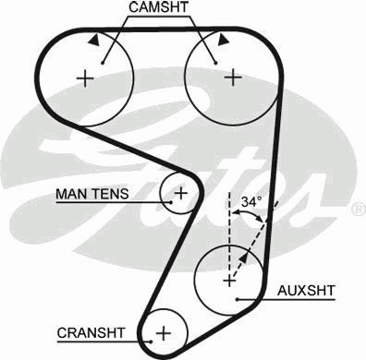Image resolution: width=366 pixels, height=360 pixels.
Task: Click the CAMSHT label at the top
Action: click(x=158, y=7)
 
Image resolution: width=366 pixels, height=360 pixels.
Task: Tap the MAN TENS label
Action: click(x=92, y=194)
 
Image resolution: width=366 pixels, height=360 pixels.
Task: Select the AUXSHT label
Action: click(x=306, y=291)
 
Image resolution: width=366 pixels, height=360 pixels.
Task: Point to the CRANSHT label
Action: click(x=91, y=333)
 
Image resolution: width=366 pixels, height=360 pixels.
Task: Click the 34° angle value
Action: click(x=251, y=202)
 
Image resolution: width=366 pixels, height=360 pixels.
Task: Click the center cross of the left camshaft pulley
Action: click(x=85, y=78)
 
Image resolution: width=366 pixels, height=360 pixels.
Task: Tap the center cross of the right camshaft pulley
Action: click(x=233, y=78)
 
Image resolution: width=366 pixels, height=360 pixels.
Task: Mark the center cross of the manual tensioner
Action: click(x=181, y=193)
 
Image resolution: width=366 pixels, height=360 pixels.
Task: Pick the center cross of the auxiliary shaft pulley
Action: click(x=229, y=281)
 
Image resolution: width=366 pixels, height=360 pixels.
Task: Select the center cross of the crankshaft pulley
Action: click(x=164, y=333)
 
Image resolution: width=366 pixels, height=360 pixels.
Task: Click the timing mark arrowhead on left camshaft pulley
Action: click(x=94, y=40)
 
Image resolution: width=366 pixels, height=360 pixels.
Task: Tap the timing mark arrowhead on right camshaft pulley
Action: click(x=223, y=41)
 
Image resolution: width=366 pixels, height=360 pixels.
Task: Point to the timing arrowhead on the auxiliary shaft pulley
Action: click(x=243, y=258)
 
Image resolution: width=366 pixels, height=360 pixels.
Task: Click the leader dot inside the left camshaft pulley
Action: click(x=103, y=64)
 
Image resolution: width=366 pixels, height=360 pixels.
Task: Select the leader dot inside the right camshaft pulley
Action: click(x=216, y=63)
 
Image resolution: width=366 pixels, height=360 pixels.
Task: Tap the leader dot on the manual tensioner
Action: click(x=170, y=202)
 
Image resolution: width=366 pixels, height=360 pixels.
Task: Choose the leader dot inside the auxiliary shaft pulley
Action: click(x=238, y=299)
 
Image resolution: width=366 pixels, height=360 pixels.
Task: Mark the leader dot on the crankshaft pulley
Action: click(x=151, y=342)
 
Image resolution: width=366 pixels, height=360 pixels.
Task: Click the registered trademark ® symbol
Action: click(x=359, y=210)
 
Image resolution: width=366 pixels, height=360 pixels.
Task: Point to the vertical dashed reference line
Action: click(x=229, y=233)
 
